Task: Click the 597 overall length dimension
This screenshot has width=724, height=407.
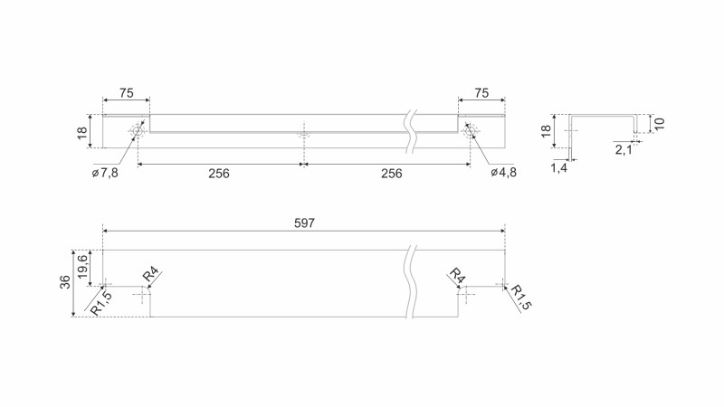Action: point(304,222)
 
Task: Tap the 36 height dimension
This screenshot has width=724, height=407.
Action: point(65,282)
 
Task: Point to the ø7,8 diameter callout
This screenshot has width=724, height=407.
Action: point(105,173)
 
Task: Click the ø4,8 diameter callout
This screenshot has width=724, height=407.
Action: point(503,173)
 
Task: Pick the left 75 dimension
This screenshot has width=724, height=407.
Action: point(126,93)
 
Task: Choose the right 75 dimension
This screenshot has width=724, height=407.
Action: point(481,93)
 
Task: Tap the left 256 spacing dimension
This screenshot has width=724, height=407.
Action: point(219,174)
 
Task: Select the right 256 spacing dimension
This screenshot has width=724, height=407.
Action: point(391,174)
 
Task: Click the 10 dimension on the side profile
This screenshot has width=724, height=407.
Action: point(660,123)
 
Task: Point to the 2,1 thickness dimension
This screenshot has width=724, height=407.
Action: point(624,149)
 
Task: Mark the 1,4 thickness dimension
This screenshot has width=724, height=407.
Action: point(558,168)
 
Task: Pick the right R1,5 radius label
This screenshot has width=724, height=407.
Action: point(520,298)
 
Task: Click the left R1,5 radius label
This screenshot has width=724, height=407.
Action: point(101,303)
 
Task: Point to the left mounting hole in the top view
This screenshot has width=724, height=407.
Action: point(138,132)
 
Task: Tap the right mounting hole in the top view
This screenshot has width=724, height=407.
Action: point(470,132)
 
